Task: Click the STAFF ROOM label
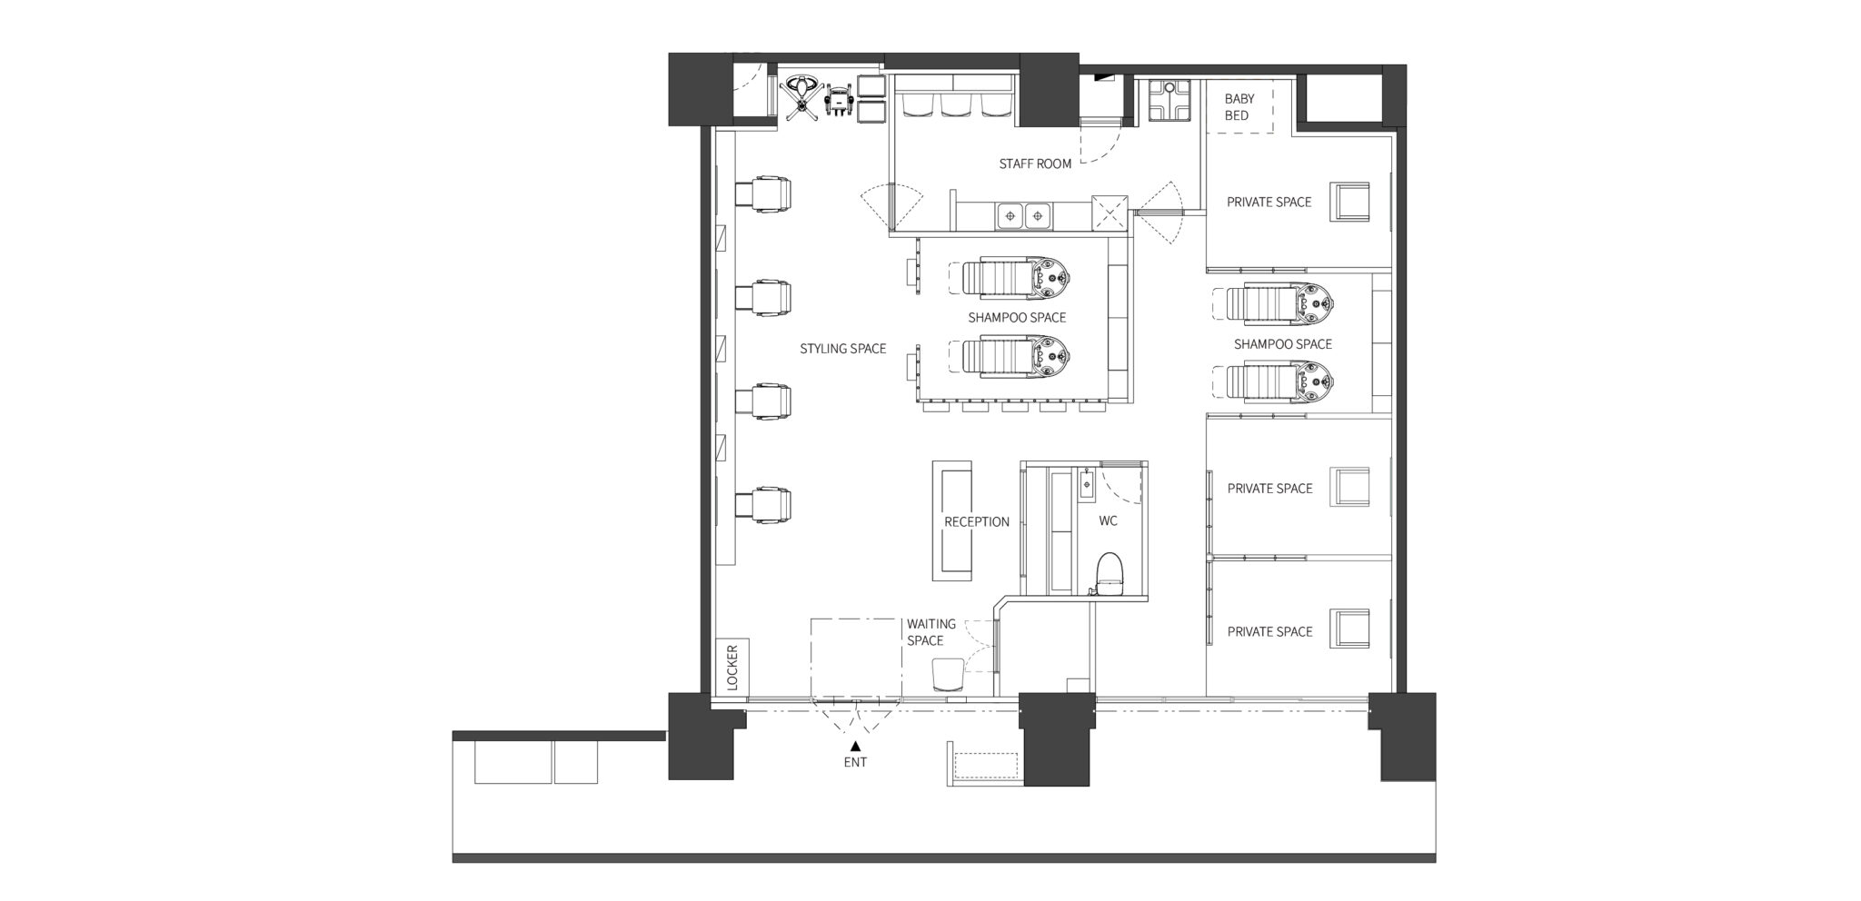tap(1035, 164)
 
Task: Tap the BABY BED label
tap(1239, 107)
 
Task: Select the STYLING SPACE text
tap(843, 349)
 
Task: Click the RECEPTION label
tap(977, 522)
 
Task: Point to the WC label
tap(1109, 521)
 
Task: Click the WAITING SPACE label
tap(931, 632)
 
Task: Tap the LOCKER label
tap(733, 668)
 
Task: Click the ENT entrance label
tap(855, 763)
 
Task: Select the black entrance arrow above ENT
tap(855, 745)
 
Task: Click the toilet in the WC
tap(1109, 573)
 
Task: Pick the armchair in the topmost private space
tap(1349, 201)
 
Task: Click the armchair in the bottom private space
tap(1349, 629)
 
